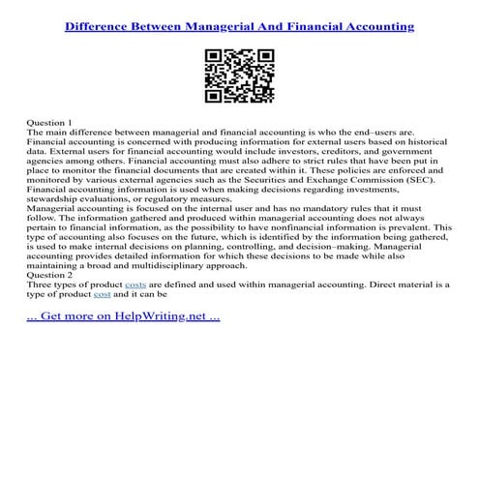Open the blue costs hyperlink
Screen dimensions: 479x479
pos(135,284)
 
